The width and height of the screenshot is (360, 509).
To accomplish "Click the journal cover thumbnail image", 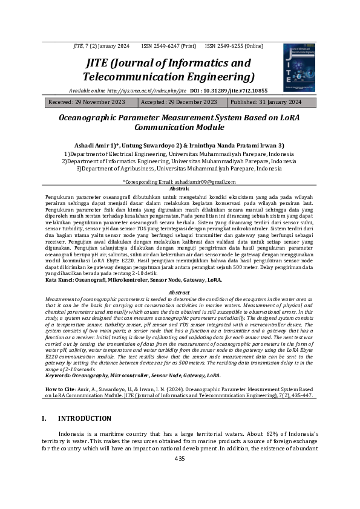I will (299, 67).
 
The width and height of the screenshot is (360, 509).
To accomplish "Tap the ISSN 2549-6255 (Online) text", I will (234, 46).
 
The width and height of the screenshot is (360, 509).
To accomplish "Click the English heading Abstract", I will (179, 292).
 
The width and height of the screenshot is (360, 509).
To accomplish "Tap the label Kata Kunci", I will (61, 280).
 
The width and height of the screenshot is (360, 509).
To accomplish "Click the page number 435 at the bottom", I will (179, 459).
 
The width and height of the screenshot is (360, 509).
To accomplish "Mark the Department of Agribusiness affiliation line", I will (179, 169).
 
